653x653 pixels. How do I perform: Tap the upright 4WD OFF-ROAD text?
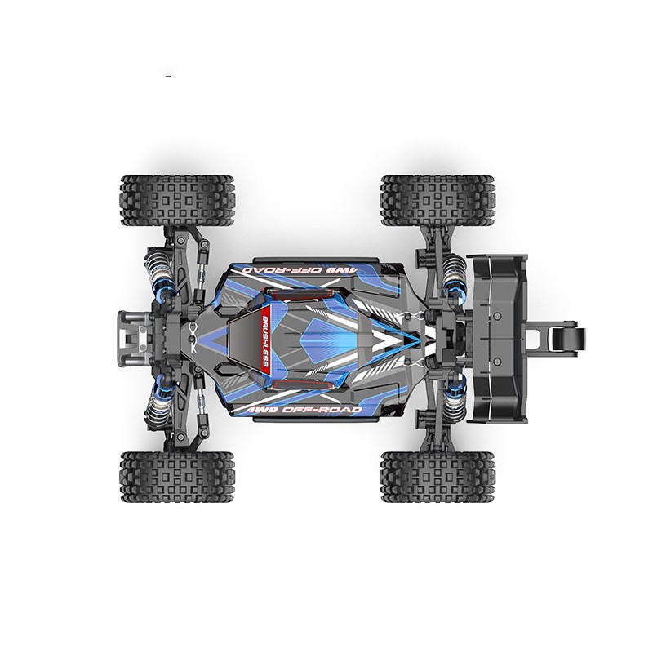(x=304, y=410)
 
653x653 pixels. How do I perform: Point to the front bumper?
(x=132, y=337)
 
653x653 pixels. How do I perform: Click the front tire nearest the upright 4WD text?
(x=178, y=476)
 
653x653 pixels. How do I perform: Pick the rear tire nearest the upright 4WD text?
(x=438, y=476)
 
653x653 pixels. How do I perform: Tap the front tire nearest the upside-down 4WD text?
(x=178, y=200)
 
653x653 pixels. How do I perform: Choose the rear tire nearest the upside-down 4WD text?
(x=438, y=200)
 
